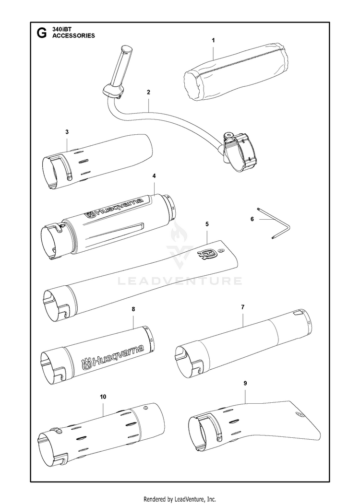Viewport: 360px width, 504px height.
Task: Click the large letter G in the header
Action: pos(42,33)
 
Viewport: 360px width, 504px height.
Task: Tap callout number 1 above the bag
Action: pos(213,41)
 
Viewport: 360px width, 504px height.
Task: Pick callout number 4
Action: pos(154,176)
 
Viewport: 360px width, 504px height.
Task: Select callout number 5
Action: pos(206,224)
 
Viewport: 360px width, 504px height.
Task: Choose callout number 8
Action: pos(133,310)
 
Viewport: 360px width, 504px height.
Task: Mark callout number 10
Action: pos(103,397)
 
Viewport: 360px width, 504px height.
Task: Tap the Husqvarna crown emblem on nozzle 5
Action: pos(207,254)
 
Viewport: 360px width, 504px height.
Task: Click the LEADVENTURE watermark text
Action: pos(180,281)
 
